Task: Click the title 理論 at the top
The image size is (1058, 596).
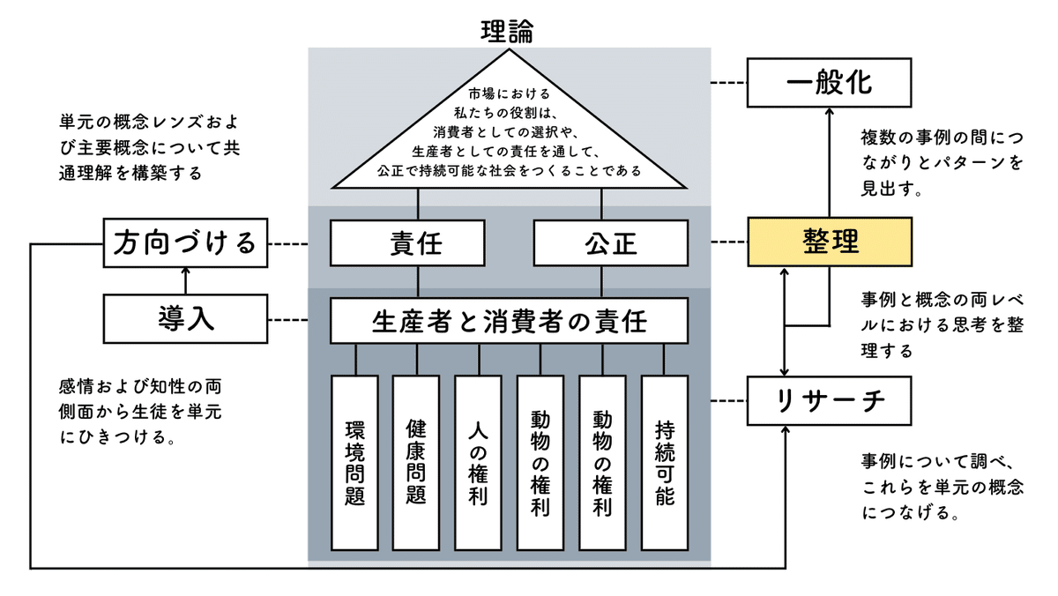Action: coord(507,30)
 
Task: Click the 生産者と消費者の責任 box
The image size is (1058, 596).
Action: coord(509,321)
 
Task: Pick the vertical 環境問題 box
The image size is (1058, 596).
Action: coord(354,462)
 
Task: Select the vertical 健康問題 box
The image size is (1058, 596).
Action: coord(416,462)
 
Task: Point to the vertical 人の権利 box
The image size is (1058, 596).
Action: coord(479,462)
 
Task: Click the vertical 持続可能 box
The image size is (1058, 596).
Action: coord(665,462)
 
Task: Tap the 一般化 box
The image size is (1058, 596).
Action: coord(828,83)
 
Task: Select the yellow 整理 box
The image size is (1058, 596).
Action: coord(828,242)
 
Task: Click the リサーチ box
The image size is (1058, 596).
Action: coord(828,400)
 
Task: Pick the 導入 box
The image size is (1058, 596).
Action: coord(184,319)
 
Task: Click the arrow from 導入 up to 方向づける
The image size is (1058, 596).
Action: coord(184,280)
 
